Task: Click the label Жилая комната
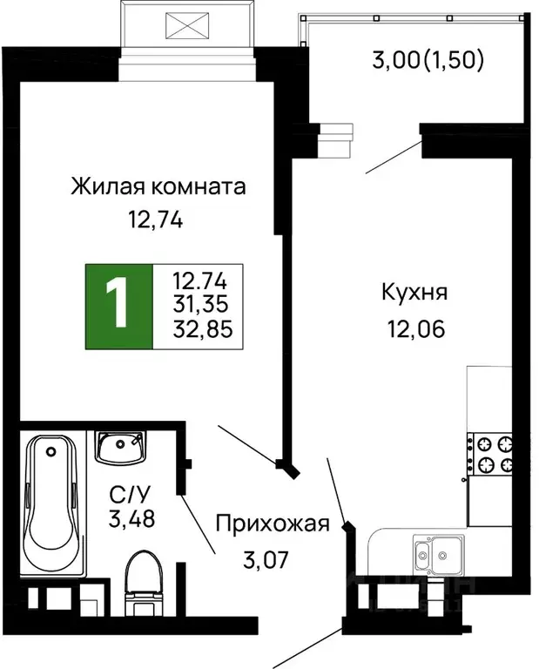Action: (x=158, y=186)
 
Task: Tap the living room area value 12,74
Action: (x=154, y=220)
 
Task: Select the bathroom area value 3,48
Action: (x=125, y=522)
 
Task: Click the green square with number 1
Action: (x=118, y=307)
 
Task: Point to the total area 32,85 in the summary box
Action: (x=200, y=330)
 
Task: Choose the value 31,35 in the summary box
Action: (x=200, y=307)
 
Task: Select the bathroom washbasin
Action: (x=120, y=448)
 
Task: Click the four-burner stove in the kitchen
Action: (x=490, y=454)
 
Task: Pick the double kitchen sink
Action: (x=438, y=552)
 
